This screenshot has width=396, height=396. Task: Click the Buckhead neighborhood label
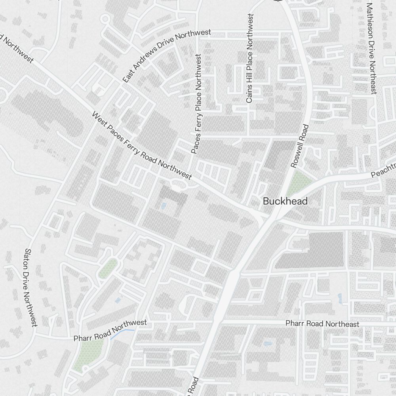pos(285,202)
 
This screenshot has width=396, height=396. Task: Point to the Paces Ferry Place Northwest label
pos(196,104)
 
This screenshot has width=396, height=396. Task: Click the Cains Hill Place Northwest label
pos(249,59)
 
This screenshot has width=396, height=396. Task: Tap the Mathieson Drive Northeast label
pos(371,48)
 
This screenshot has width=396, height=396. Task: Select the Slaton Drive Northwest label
pos(30,287)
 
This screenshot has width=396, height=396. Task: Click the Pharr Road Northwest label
pos(110,331)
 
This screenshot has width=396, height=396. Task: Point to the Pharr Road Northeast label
pos(322,324)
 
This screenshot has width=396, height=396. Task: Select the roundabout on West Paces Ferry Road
pos(178,184)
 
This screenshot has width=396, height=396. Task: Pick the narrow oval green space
pos(107,268)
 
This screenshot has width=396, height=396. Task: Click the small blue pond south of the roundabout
pos(164,206)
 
